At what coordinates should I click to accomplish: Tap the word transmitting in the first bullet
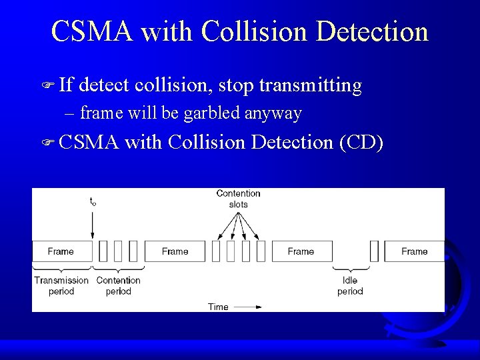pyautogui.click(x=310, y=85)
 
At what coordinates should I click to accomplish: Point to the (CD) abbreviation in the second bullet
pyautogui.click(x=361, y=142)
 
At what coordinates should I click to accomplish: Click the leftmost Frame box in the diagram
pyautogui.click(x=61, y=251)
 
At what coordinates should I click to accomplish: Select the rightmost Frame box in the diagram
pyautogui.click(x=414, y=251)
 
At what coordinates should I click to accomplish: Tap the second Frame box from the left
pyautogui.click(x=175, y=251)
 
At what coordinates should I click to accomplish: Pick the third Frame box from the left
pyautogui.click(x=301, y=251)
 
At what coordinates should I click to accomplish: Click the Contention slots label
pyautogui.click(x=238, y=199)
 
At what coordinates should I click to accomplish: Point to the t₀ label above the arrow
pyautogui.click(x=93, y=201)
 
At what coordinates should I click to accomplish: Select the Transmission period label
pyautogui.click(x=61, y=285)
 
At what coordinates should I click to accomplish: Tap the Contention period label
pyautogui.click(x=119, y=285)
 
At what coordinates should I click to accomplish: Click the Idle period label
pyautogui.click(x=350, y=285)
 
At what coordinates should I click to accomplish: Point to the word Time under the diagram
pyautogui.click(x=218, y=307)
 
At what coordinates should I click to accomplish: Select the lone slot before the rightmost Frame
pyautogui.click(x=374, y=251)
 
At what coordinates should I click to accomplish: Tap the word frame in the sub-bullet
pyautogui.click(x=99, y=113)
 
